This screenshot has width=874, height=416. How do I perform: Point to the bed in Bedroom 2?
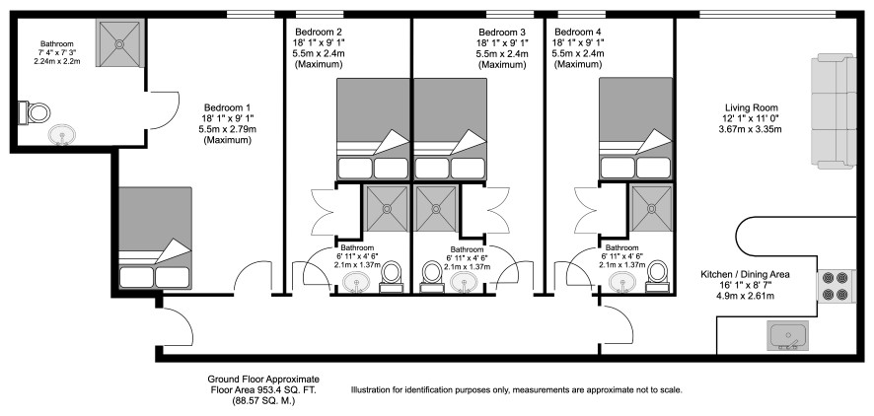pos(373,128)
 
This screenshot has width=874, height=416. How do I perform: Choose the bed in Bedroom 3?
pos(450,128)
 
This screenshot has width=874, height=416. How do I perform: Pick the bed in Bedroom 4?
pos(634,128)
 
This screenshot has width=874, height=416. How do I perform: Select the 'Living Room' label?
pos(753,108)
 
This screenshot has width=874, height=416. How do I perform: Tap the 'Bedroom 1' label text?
pos(228,107)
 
